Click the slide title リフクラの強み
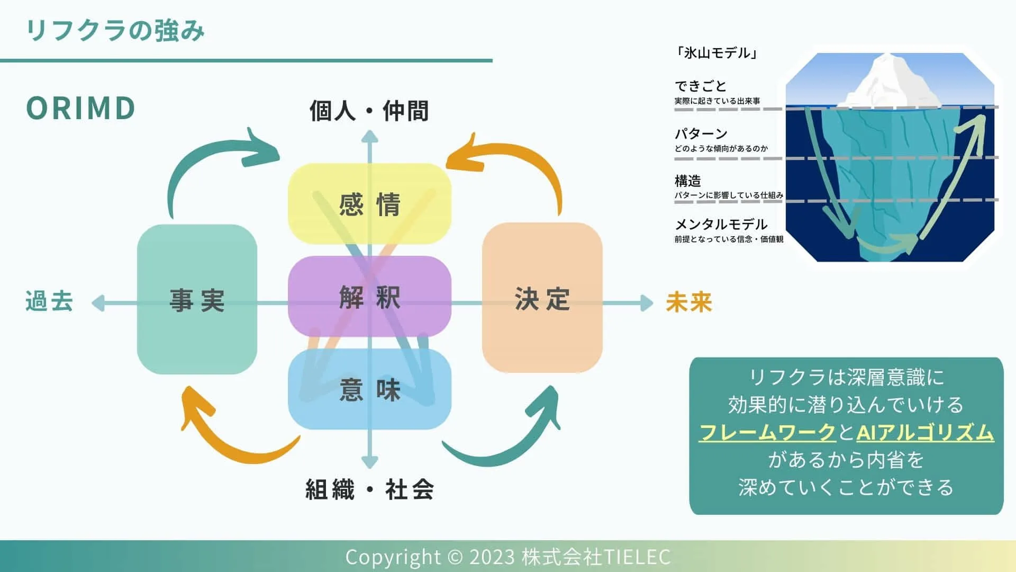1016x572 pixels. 115,30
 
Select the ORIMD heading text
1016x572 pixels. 80,108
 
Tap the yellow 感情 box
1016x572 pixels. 369,204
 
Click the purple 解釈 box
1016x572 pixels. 369,297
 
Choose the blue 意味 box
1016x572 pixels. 369,389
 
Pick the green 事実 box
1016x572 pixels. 197,300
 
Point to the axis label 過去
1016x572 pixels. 49,301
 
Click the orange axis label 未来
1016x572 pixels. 689,302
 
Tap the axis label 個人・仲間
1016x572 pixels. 369,111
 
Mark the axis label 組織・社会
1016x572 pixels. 369,489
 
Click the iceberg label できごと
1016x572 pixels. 701,86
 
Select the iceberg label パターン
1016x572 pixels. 701,133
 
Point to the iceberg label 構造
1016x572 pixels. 687,181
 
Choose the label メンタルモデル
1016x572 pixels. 721,225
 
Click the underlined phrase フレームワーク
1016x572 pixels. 767,433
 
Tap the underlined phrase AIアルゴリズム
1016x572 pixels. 925,433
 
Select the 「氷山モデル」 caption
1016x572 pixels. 717,52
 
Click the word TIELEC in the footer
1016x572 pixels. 637,557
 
